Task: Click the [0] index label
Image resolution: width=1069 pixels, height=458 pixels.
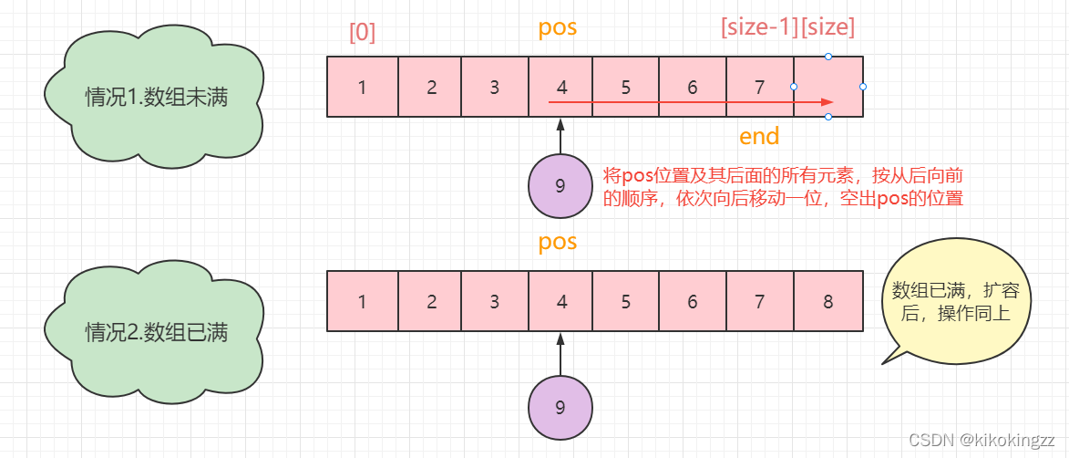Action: pos(363,32)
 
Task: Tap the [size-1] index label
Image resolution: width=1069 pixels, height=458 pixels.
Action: pos(758,27)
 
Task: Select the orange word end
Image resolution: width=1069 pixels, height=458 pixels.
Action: pos(759,137)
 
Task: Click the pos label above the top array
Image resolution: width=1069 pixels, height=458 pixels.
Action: pos(558,27)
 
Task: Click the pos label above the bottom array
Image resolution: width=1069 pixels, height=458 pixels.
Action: pos(558,243)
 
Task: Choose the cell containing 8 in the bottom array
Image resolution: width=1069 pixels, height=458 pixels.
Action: pos(828,301)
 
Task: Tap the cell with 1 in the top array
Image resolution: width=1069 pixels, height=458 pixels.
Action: pos(363,88)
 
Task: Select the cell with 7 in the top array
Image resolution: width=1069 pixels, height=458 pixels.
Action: pos(760,88)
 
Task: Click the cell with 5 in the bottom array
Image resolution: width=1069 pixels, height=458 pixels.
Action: pos(626,301)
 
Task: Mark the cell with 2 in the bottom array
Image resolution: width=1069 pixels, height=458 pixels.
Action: pos(431,301)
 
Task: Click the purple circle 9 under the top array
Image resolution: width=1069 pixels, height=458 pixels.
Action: pos(560,186)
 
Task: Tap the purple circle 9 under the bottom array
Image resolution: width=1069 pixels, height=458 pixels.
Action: pos(560,408)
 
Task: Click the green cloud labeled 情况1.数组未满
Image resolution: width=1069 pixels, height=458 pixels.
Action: pos(156,98)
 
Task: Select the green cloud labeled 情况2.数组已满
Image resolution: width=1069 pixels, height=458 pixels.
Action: pos(156,331)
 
